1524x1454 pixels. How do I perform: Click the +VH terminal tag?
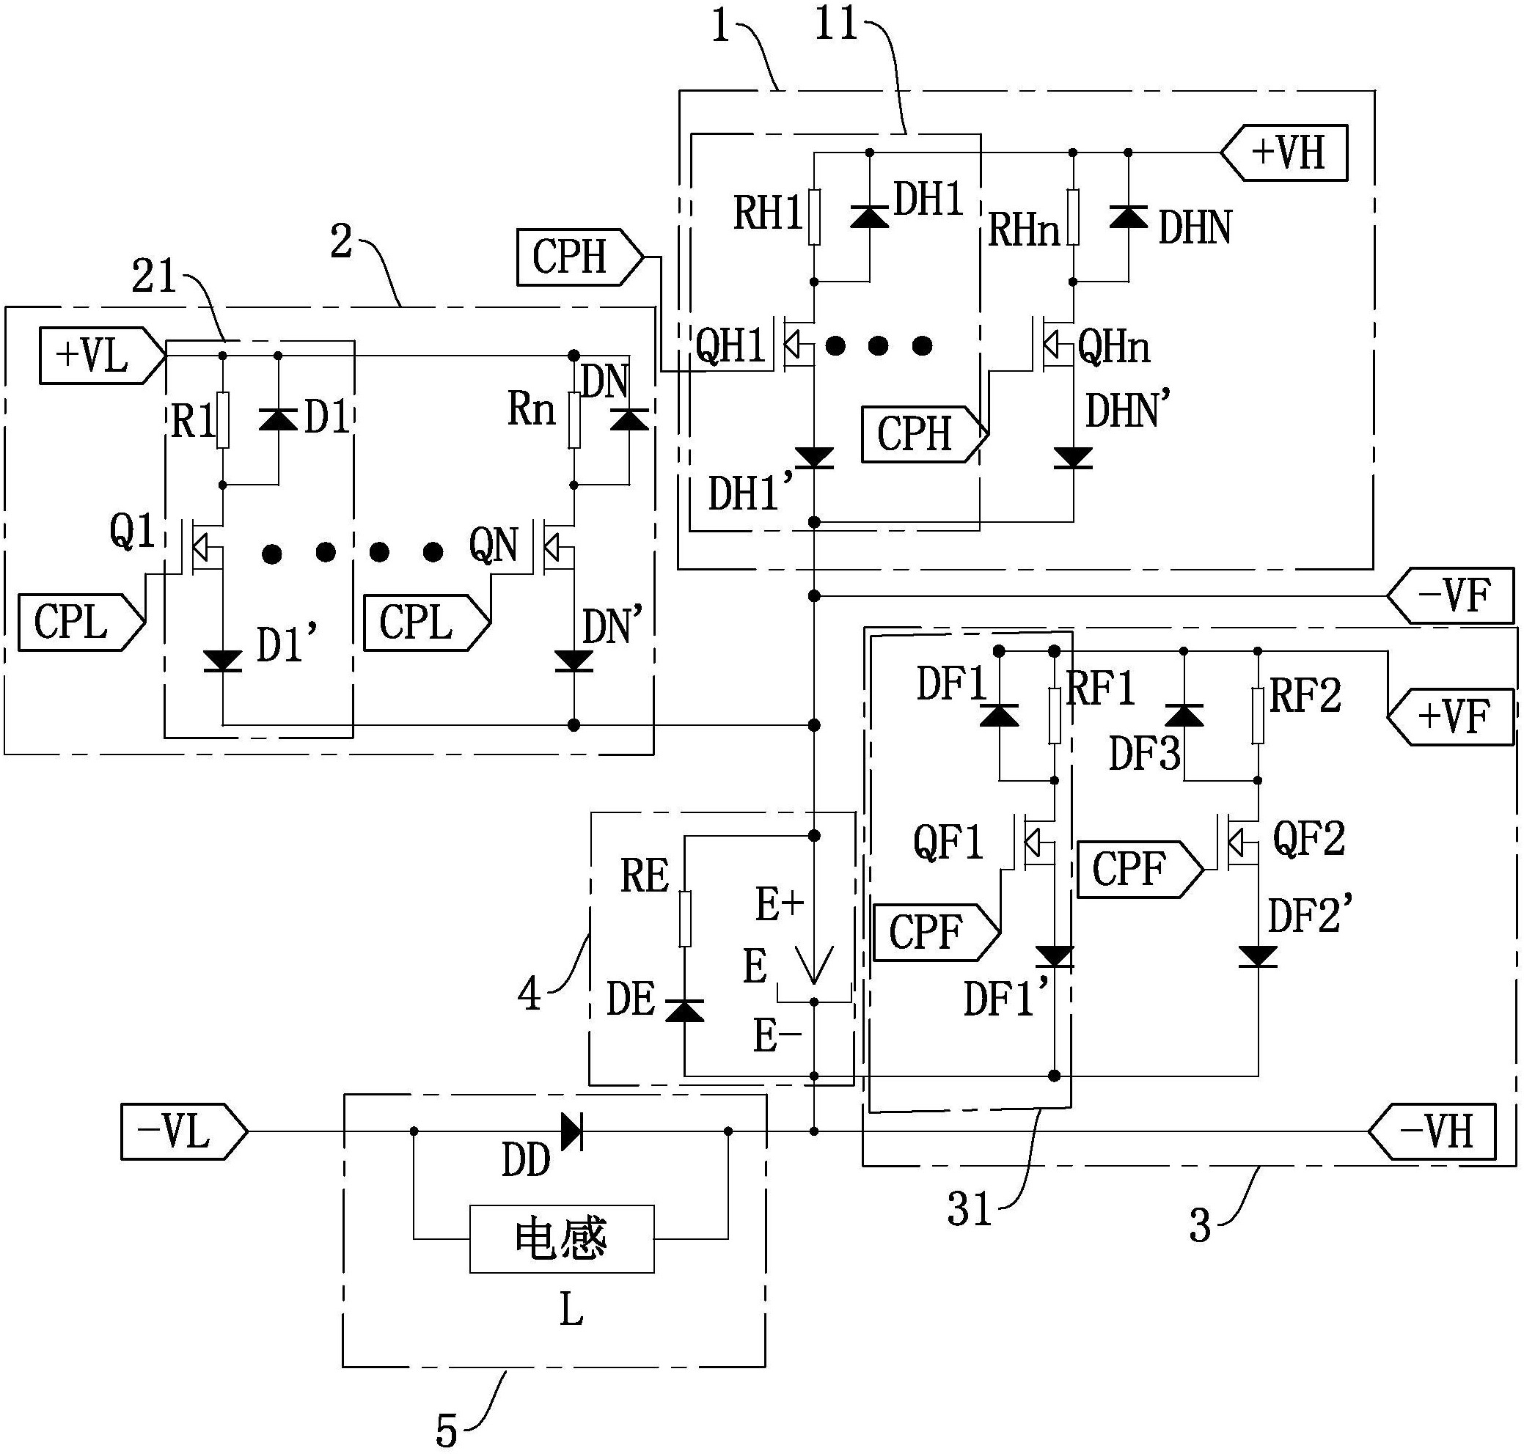click(x=1283, y=153)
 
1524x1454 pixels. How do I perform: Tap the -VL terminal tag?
click(x=185, y=1131)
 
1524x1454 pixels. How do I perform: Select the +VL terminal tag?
click(x=103, y=356)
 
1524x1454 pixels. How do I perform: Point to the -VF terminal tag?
click(x=1450, y=595)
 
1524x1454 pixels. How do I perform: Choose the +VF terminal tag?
click(x=1450, y=717)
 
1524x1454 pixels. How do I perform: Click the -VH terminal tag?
click(x=1432, y=1131)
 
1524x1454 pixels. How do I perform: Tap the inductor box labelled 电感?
click(x=562, y=1238)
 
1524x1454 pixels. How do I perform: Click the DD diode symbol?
click(x=571, y=1131)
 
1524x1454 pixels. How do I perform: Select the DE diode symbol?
click(x=685, y=1010)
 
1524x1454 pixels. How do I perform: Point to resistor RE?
click(x=685, y=919)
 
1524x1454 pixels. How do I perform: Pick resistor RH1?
click(x=814, y=217)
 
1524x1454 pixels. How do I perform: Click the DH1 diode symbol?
click(x=869, y=216)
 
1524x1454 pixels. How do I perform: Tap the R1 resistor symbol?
click(x=222, y=420)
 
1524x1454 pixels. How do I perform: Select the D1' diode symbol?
click(x=222, y=661)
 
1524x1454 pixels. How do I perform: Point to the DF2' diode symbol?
click(x=1257, y=956)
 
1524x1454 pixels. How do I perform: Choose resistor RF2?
click(x=1257, y=716)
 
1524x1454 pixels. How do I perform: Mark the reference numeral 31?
click(x=970, y=1209)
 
